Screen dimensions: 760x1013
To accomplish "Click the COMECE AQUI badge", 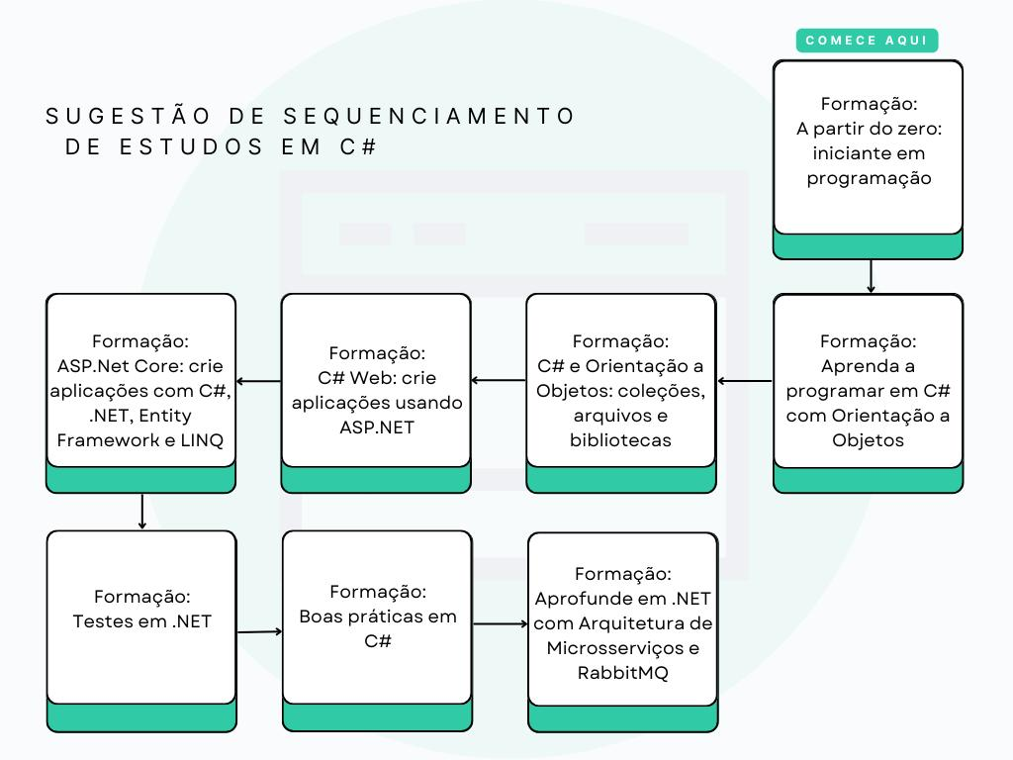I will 867,41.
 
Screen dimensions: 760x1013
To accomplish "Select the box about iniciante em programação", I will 868,148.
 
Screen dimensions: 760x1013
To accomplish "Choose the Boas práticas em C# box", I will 377,616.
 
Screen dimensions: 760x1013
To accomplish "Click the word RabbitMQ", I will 622,673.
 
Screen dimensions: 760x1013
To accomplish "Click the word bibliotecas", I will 620,440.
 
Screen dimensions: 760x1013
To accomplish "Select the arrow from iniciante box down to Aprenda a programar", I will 871,276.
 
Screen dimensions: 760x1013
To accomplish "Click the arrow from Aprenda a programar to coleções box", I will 744,381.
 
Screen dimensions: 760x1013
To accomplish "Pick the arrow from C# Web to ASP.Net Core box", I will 258,381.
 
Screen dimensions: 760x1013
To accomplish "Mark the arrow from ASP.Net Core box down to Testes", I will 142,511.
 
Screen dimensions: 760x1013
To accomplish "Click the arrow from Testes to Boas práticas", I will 259,630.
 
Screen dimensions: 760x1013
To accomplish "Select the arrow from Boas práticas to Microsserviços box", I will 500,624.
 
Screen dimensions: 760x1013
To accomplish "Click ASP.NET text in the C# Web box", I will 377,427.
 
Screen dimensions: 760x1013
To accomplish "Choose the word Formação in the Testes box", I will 141,597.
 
